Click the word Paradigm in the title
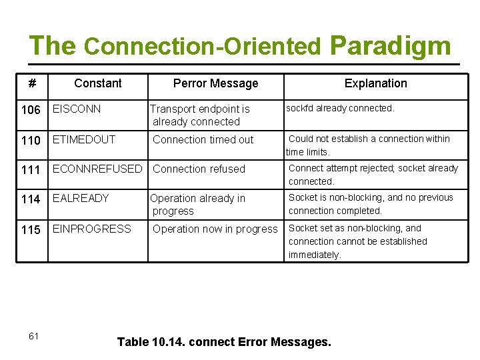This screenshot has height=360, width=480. [x=390, y=45]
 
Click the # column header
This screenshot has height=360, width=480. [x=31, y=83]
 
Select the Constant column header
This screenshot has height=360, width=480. [x=98, y=83]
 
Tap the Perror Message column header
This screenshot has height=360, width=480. [x=215, y=83]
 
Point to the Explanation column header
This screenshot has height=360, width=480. [x=375, y=83]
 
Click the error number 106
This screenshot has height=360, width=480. [x=31, y=110]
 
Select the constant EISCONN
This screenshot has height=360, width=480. [x=77, y=109]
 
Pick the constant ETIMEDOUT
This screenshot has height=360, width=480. [x=84, y=139]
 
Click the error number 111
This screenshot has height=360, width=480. [x=31, y=170]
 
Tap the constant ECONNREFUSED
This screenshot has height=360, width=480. [x=97, y=169]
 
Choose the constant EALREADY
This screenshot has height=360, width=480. [x=81, y=198]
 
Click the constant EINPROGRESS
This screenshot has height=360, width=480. [x=92, y=229]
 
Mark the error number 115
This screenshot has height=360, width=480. [x=31, y=230]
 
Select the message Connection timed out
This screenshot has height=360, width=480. [x=203, y=140]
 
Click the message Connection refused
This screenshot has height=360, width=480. [x=199, y=169]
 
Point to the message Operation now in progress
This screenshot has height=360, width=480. [x=215, y=229]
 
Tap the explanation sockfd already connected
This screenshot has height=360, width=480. [x=340, y=108]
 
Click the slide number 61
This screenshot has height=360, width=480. [x=33, y=336]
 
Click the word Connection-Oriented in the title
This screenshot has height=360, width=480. [x=203, y=47]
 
